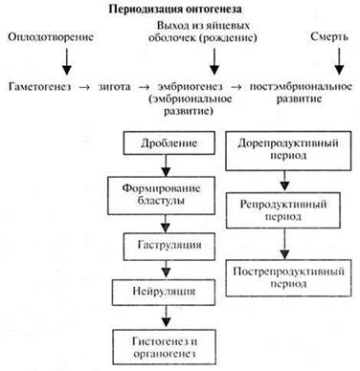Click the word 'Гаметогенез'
tap(39, 87)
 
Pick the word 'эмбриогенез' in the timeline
tap(185, 87)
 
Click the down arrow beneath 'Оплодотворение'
tap(66, 61)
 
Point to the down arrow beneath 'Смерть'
tap(337, 61)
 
